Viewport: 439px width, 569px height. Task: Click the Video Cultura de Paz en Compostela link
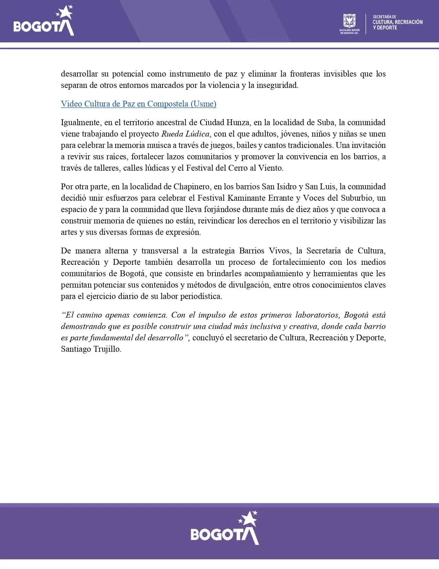point(138,104)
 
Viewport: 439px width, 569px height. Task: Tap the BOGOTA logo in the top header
point(44,22)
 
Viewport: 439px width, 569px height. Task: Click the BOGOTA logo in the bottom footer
point(224,528)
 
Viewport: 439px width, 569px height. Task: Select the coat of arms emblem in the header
point(349,21)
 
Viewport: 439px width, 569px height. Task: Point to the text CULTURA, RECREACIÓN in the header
point(397,22)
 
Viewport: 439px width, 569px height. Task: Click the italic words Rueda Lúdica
point(185,134)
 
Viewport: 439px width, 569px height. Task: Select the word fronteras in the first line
point(305,74)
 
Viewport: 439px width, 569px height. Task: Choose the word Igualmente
point(81,122)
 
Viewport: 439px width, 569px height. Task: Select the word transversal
point(160,251)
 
